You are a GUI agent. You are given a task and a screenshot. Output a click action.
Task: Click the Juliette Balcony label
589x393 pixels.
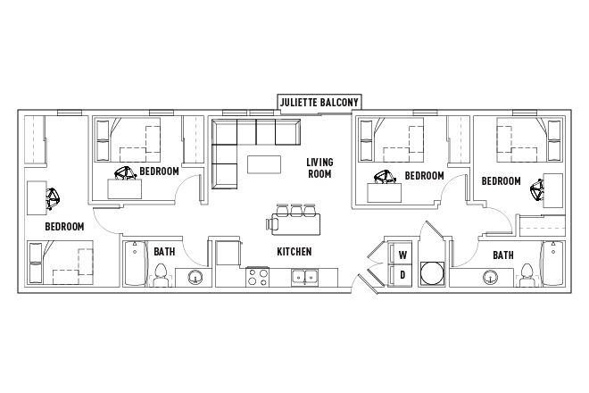coord(319,103)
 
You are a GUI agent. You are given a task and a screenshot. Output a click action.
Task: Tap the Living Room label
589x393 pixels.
coord(319,168)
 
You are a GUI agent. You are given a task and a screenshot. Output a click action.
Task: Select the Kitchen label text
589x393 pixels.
coord(294,252)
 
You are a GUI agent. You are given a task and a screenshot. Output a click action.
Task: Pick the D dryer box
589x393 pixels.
coord(402,275)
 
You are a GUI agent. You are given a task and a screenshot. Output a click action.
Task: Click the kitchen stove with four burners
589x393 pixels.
coord(258,278)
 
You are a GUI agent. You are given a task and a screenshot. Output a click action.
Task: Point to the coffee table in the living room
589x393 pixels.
coord(263,164)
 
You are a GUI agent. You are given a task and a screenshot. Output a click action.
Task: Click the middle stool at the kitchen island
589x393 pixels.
coord(295,211)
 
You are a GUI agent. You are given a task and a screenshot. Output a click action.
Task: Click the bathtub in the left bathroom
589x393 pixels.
coord(136,263)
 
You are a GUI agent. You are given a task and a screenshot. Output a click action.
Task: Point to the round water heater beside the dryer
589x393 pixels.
coord(433,272)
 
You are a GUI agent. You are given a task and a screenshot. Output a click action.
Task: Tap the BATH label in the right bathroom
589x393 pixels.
coord(502,255)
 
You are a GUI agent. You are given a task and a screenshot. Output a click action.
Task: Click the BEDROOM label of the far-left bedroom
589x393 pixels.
coord(64,227)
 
